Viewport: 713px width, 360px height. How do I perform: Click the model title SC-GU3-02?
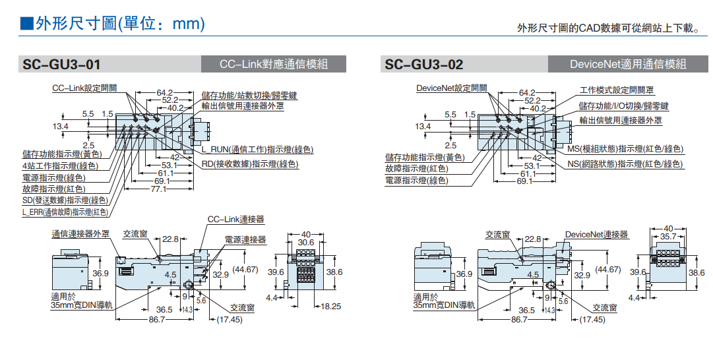[x=424, y=65]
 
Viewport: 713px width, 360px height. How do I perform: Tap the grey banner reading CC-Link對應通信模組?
[x=274, y=64]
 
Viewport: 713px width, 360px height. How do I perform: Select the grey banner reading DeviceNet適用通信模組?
[x=628, y=64]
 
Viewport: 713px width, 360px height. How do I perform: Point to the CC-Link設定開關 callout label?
[x=84, y=88]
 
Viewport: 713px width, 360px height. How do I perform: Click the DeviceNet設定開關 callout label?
[x=452, y=88]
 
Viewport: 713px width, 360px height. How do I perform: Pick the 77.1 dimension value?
[x=158, y=189]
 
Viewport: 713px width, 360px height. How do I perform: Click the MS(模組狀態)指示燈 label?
[x=625, y=149]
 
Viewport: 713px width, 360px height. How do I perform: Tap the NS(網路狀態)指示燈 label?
[x=625, y=164]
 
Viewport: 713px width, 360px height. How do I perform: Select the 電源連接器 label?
[x=245, y=240]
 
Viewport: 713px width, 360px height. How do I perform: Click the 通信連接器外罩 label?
[x=81, y=234]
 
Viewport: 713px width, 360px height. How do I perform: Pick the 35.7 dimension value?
[x=668, y=236]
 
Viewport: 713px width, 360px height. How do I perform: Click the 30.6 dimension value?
[x=305, y=243]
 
